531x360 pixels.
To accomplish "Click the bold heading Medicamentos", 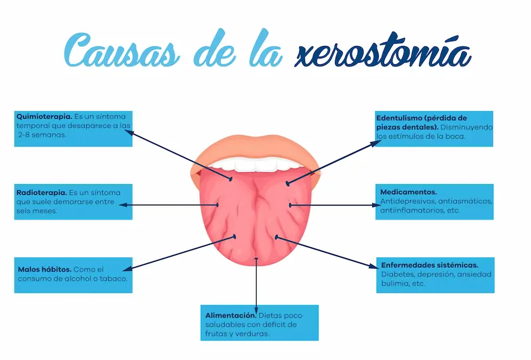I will pyautogui.click(x=408, y=192).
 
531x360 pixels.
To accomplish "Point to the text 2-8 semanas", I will pyautogui.click(x=42, y=135).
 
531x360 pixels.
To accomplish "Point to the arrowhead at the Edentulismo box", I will pyautogui.click(x=374, y=142).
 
